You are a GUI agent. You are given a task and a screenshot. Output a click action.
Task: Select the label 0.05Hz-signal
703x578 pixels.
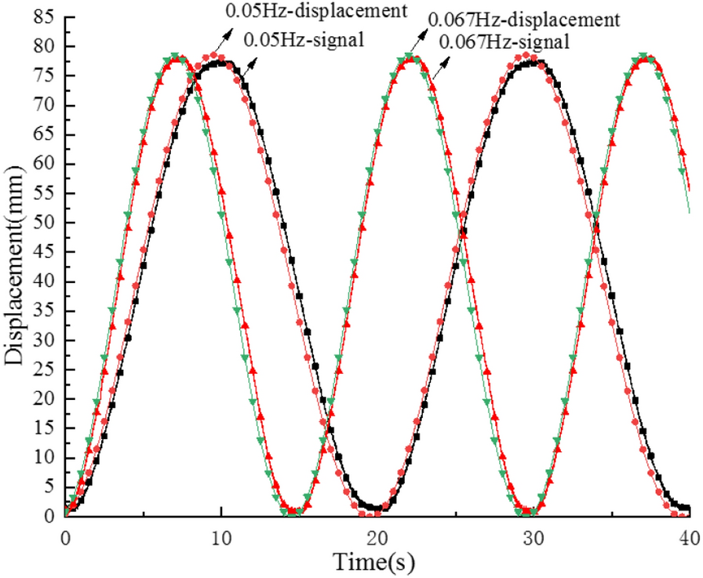click(305, 38)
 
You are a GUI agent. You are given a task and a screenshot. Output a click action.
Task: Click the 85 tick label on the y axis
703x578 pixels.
click(41, 17)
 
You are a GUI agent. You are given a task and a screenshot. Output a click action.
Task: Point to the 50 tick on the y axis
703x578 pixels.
click(41, 224)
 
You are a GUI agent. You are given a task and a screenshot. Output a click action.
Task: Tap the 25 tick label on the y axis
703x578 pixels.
click(41, 370)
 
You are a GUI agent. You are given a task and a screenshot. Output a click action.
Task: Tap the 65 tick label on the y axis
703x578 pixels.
click(41, 135)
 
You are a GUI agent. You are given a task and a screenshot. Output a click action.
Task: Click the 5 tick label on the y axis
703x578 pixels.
click(46, 488)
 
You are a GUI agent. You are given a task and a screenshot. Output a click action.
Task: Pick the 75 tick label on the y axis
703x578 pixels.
click(41, 76)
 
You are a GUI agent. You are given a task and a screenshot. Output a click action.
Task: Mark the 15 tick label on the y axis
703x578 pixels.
click(41, 429)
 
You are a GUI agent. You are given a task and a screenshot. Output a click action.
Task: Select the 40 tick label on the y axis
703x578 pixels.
click(41, 282)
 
